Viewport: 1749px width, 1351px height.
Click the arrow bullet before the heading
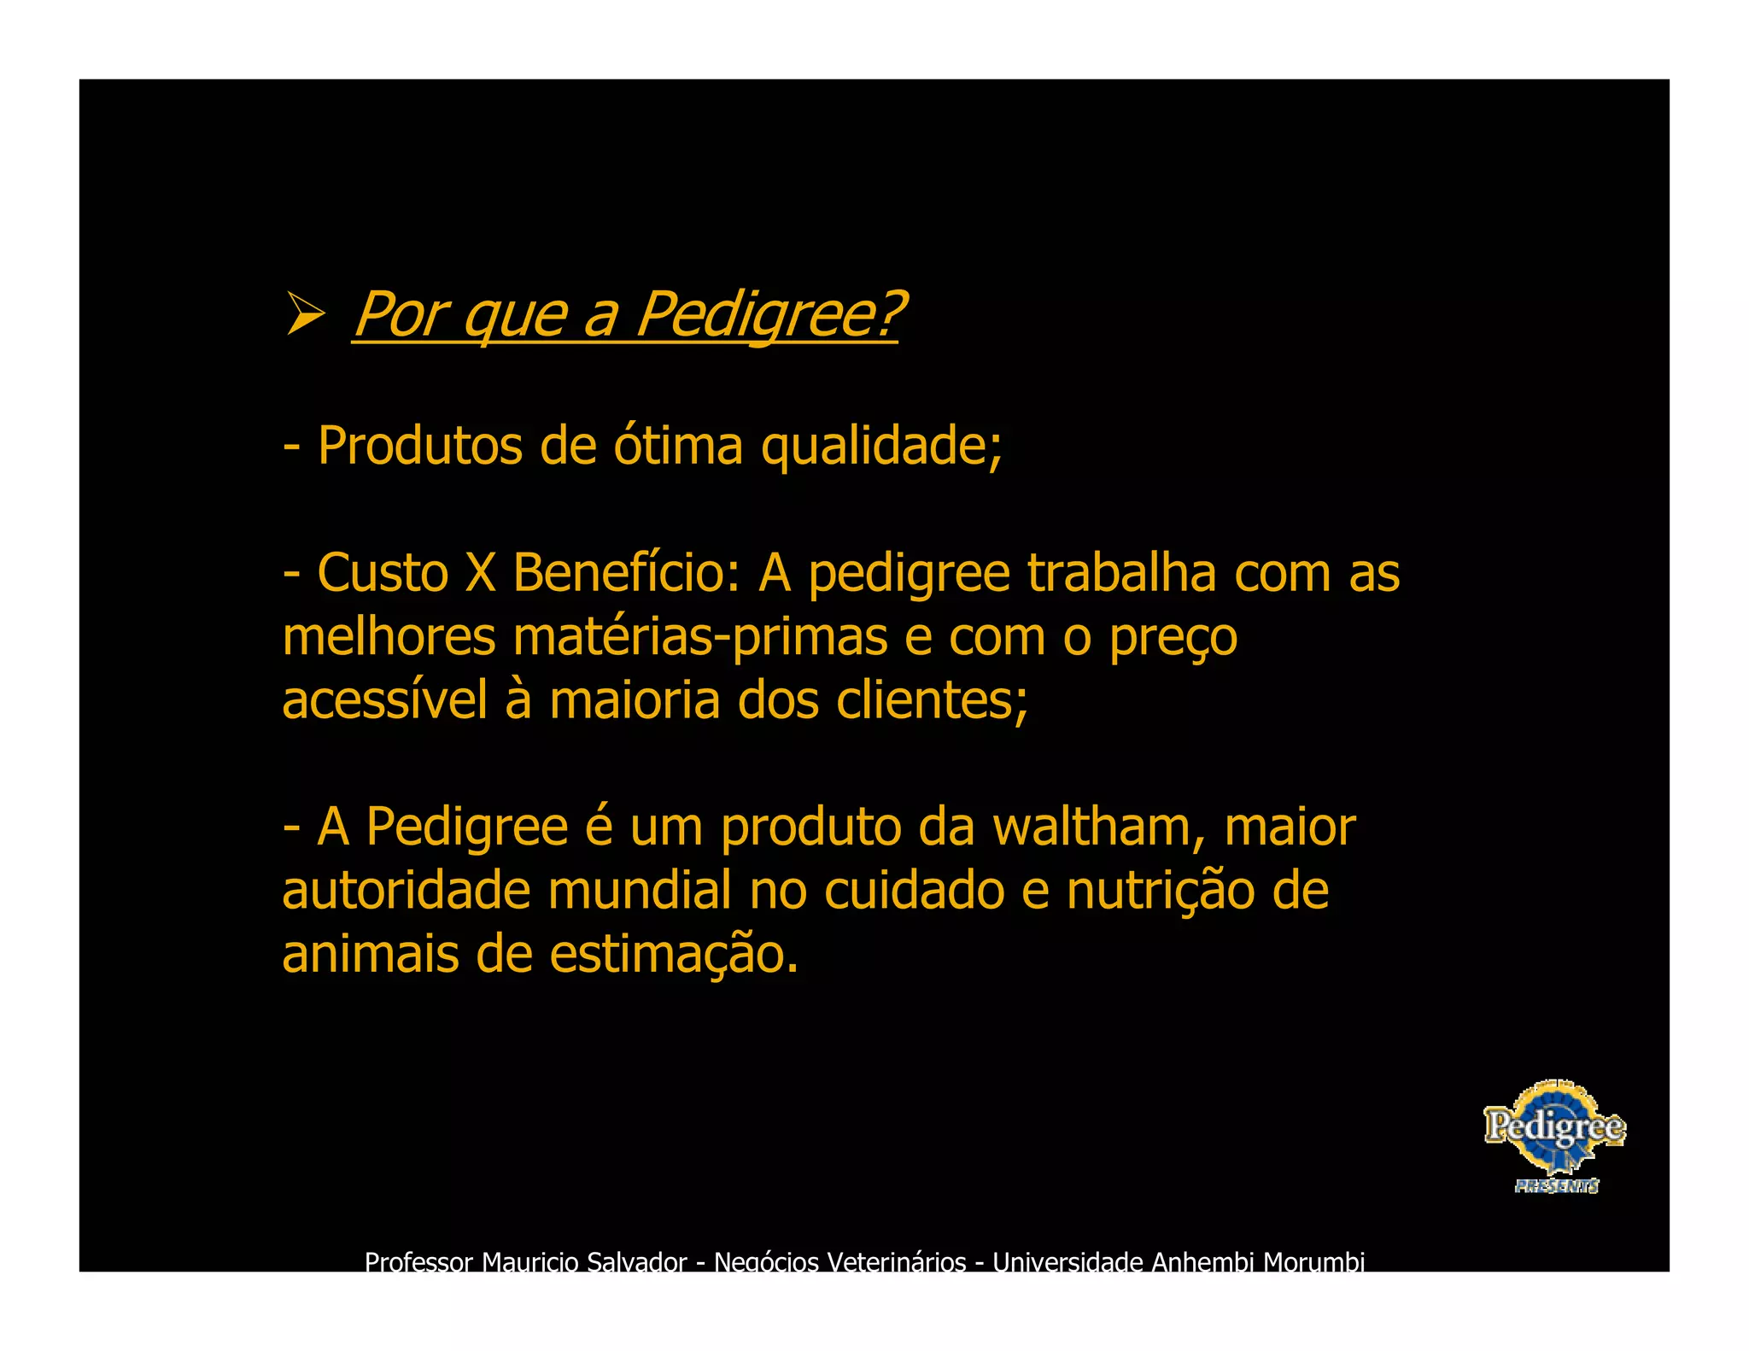click(305, 313)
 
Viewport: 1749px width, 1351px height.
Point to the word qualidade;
click(881, 447)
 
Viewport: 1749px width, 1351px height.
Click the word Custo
click(383, 573)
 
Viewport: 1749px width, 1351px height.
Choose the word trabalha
click(1121, 573)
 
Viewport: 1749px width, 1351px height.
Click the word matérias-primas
click(700, 638)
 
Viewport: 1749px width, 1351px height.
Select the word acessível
click(384, 700)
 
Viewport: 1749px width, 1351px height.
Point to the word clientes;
click(933, 700)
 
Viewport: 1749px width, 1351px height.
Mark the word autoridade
click(406, 891)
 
